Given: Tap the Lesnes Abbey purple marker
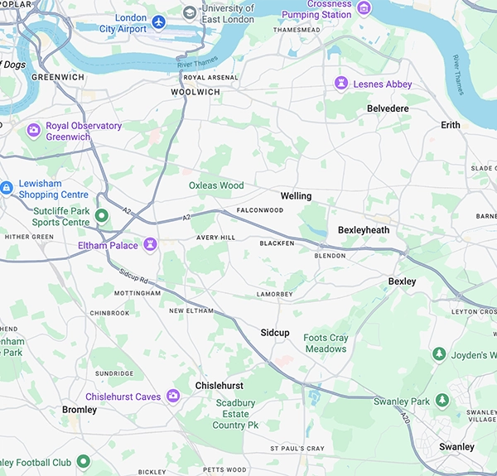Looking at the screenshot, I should pyautogui.click(x=340, y=84).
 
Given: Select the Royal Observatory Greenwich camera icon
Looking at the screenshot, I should pyautogui.click(x=34, y=130).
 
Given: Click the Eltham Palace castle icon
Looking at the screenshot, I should pyautogui.click(x=150, y=245).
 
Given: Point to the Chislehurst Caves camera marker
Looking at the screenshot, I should pyautogui.click(x=174, y=397).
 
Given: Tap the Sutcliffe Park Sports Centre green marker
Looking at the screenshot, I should pyautogui.click(x=102, y=215).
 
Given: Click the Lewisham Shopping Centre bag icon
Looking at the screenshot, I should pyautogui.click(x=6, y=188).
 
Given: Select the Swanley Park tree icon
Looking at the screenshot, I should pyautogui.click(x=443, y=401).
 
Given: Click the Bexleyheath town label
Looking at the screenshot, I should pyautogui.click(x=364, y=229).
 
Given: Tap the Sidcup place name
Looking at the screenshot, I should pyautogui.click(x=275, y=332).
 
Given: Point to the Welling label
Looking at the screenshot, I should pyautogui.click(x=296, y=196).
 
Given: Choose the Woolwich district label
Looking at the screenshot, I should pyautogui.click(x=195, y=92).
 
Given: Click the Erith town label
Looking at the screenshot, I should pyautogui.click(x=451, y=125).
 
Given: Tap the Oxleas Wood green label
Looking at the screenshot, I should pyautogui.click(x=216, y=185).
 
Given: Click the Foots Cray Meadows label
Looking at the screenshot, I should pyautogui.click(x=325, y=344).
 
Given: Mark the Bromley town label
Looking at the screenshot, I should pyautogui.click(x=80, y=410).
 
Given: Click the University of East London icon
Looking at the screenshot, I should pyautogui.click(x=191, y=12).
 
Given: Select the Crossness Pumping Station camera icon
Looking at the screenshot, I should pyautogui.click(x=364, y=7).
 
